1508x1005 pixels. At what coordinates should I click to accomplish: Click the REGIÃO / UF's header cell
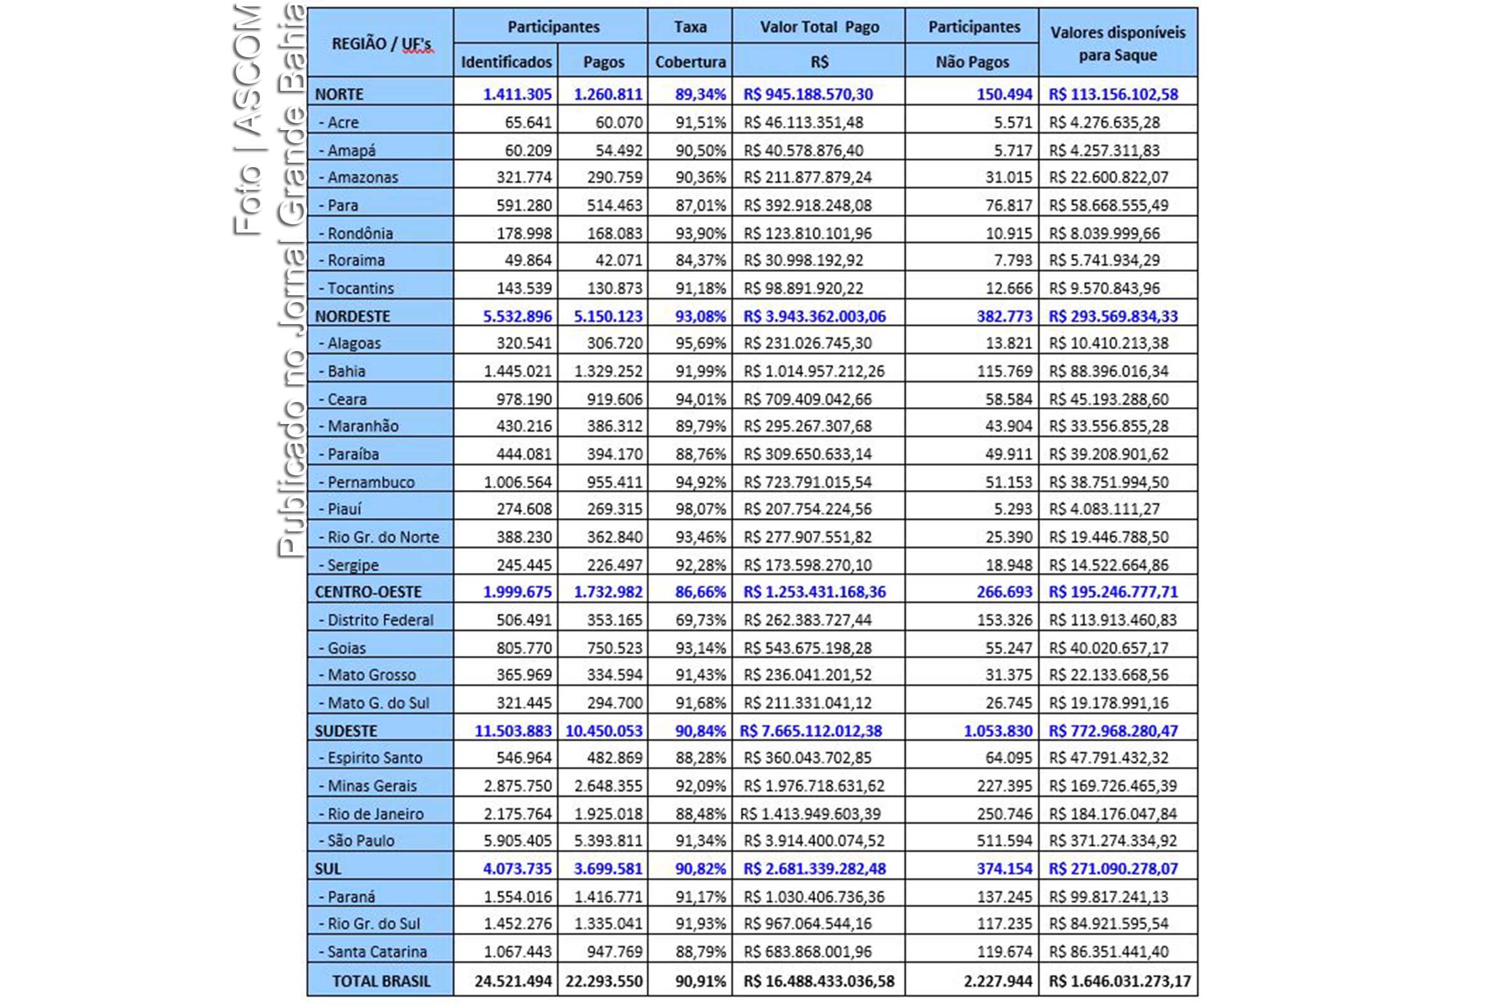pos(381,43)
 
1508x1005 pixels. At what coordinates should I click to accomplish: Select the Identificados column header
pos(506,62)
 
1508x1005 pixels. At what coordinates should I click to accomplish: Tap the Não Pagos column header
pos(972,62)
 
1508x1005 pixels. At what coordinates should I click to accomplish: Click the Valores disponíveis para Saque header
pos(1118,43)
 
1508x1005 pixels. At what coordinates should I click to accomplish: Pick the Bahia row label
pos(346,371)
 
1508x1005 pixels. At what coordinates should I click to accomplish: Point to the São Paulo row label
pos(360,840)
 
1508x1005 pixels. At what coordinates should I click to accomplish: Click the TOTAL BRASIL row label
pos(381,981)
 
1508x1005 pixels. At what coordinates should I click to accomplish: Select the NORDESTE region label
pos(352,316)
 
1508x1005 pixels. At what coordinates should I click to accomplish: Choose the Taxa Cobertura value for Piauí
pos(700,509)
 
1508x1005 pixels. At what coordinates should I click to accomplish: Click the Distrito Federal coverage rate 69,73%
pos(700,620)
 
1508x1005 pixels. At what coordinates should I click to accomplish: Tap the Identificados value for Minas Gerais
pos(517,786)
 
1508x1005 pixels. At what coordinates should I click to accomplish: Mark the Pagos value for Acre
pos(619,122)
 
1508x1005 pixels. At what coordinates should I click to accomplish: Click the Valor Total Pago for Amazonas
pos(807,178)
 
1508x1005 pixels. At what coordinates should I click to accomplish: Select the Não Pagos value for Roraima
pos(1013,260)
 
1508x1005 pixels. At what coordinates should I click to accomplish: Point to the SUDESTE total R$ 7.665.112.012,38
pos(811,731)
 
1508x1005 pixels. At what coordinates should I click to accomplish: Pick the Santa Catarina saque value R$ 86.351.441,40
pos(1108,952)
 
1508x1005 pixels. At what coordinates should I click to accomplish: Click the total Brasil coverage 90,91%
pos(700,981)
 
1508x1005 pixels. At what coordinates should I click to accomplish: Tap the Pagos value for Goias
pos(615,648)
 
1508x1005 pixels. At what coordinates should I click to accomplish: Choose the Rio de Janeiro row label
pos(375,814)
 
